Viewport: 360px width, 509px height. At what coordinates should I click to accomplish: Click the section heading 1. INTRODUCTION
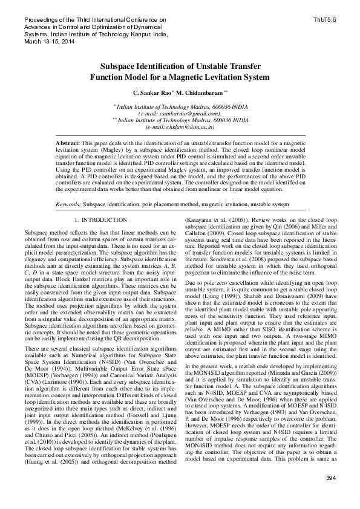tap(100, 220)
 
